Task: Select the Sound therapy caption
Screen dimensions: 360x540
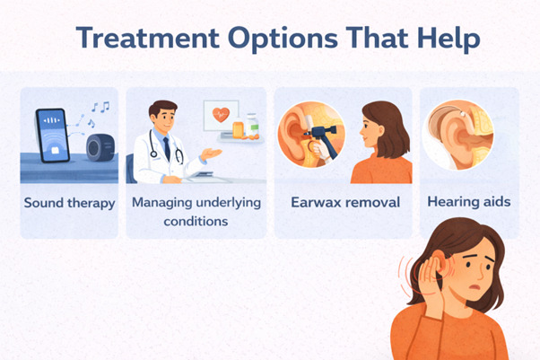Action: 70,203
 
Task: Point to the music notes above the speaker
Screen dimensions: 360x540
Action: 97,112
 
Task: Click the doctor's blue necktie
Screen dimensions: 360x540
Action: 166,149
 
